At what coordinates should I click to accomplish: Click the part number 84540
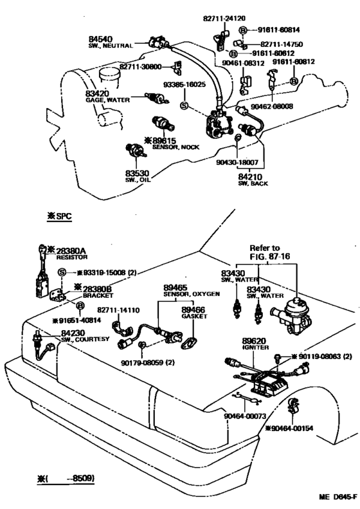point(100,39)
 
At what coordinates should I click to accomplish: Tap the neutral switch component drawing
point(159,43)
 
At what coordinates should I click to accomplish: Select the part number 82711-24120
point(224,19)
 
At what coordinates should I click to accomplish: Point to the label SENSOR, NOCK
point(176,147)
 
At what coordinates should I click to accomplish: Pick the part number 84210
point(250,176)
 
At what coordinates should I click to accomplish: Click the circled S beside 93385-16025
point(184,106)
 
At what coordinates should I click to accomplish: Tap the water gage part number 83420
point(97,94)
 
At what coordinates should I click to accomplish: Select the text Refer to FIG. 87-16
point(269,252)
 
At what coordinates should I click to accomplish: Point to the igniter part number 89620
point(254,341)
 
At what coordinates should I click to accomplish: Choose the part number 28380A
point(71,251)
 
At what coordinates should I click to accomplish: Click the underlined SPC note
point(59,216)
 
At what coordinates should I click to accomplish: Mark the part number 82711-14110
point(118,310)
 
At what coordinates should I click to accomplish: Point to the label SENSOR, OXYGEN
point(192,294)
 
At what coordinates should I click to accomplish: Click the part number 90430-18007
point(237,162)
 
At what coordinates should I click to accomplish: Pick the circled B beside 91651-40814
point(80,306)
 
